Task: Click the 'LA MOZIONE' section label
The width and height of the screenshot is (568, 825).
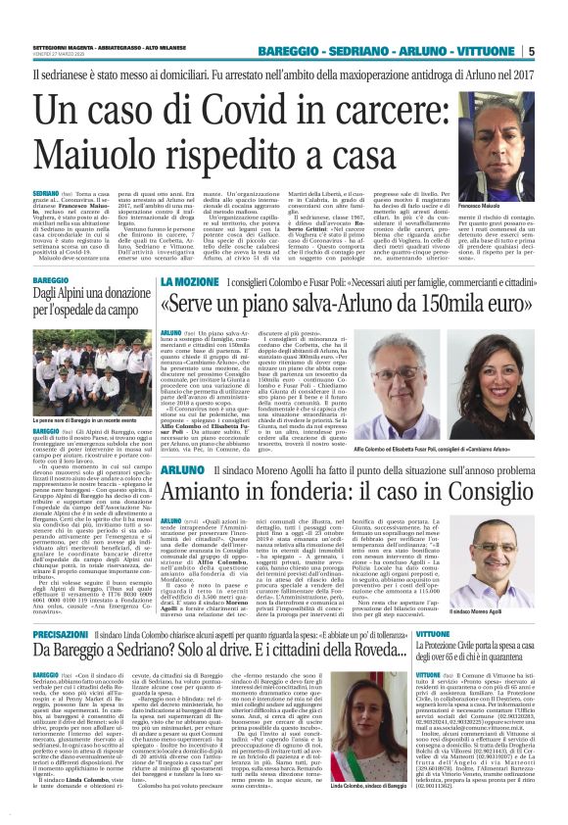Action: pyautogui.click(x=188, y=281)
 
